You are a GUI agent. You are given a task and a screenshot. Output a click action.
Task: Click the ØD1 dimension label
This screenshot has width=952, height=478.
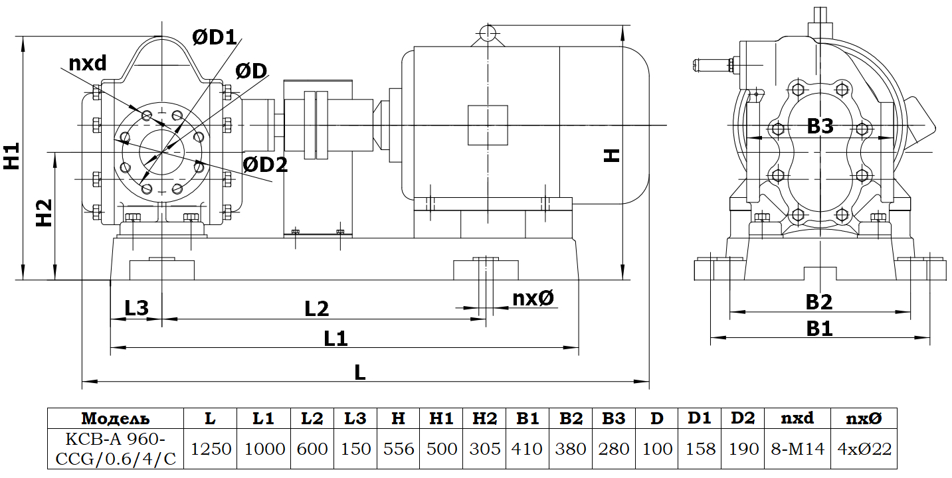[215, 38]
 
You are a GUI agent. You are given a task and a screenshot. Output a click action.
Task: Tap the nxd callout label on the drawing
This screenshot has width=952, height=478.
[88, 63]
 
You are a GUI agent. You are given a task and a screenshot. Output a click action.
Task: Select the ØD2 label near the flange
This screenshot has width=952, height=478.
[265, 165]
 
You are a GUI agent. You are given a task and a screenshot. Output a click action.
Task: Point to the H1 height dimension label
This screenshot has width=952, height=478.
[11, 157]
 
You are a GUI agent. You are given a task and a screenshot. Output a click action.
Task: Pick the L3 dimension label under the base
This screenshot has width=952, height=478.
[136, 308]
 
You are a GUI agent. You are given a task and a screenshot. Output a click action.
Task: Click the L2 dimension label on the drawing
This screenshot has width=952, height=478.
[317, 309]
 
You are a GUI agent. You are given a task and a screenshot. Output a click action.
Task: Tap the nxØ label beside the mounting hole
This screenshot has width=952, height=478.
[533, 299]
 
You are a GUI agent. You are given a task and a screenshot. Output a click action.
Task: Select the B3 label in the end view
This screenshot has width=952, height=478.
[820, 126]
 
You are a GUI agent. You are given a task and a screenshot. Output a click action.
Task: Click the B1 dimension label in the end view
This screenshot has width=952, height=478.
[819, 328]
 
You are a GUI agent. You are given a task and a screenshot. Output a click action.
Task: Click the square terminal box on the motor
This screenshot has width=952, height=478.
[488, 125]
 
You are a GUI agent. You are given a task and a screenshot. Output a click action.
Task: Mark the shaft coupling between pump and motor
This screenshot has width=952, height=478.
[316, 125]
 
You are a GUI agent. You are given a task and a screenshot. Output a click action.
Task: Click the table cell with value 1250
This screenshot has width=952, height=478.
[211, 449]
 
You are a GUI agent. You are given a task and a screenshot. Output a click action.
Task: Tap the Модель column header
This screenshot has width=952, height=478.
[116, 419]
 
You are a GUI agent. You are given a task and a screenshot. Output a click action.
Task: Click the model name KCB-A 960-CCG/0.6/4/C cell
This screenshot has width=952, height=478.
[116, 449]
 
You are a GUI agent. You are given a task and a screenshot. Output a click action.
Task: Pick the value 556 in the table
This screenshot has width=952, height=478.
[399, 449]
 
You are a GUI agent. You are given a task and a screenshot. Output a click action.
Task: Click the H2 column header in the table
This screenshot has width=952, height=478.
[485, 419]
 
